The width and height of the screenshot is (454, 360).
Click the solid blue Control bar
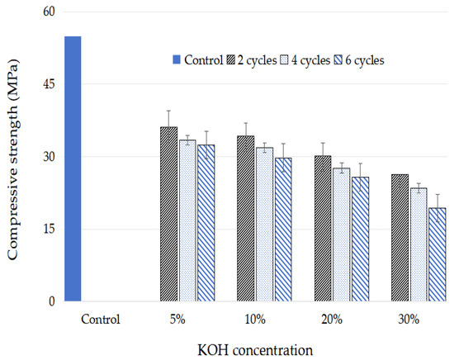click(x=73, y=168)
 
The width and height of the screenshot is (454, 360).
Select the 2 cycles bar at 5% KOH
click(x=168, y=214)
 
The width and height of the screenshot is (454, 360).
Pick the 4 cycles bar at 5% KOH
click(x=187, y=220)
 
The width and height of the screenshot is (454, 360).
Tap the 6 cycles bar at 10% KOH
click(x=283, y=230)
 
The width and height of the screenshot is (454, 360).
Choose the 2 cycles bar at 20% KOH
click(x=323, y=229)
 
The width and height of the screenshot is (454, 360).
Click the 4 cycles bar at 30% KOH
click(x=419, y=244)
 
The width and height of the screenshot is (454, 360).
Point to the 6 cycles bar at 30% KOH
click(x=437, y=254)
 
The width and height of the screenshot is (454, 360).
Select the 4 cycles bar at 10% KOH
click(x=265, y=225)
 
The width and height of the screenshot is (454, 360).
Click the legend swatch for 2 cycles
click(x=231, y=60)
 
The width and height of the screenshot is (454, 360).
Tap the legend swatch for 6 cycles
click(x=338, y=60)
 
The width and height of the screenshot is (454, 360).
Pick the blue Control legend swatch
click(x=177, y=60)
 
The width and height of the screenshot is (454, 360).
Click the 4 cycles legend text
click(x=310, y=60)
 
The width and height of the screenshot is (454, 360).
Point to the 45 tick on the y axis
click(x=49, y=84)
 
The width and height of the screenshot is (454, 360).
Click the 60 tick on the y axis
click(x=49, y=12)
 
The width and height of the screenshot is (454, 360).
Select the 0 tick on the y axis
click(x=52, y=301)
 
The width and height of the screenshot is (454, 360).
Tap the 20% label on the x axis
click(x=332, y=320)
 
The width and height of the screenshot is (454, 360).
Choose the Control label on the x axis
click(x=101, y=320)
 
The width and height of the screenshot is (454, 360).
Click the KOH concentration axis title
click(x=255, y=350)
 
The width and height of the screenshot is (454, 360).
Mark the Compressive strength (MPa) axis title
click(x=12, y=159)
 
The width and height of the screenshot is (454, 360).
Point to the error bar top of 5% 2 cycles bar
click(x=168, y=111)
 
